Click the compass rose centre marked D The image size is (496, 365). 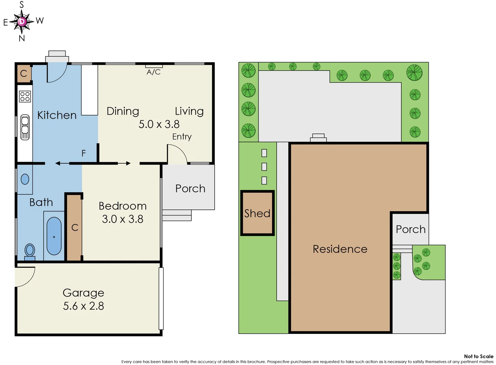pyautogui.click(x=22, y=22)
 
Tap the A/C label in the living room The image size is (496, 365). pyautogui.click(x=153, y=72)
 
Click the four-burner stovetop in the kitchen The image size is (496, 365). pyautogui.click(x=25, y=96)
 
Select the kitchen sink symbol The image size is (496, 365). pyautogui.click(x=25, y=127)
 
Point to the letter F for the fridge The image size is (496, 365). pyautogui.click(x=84, y=153)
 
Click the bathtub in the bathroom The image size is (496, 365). pyautogui.click(x=54, y=236)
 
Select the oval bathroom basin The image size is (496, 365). pyautogui.click(x=25, y=179)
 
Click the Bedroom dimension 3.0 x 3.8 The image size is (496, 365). pyautogui.click(x=122, y=219)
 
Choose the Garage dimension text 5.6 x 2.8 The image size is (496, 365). pyautogui.click(x=84, y=306)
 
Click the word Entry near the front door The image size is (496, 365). pyautogui.click(x=182, y=137)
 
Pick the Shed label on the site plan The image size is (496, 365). pyautogui.click(x=257, y=213)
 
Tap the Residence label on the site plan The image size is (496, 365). pyautogui.click(x=340, y=249)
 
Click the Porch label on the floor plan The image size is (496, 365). pyautogui.click(x=190, y=189)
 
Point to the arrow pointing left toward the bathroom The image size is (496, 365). pyautogui.click(x=58, y=163)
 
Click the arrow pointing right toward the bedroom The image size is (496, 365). pyautogui.click(x=128, y=163)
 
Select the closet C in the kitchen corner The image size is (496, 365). pyautogui.click(x=24, y=73)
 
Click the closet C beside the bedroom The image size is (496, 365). pyautogui.click(x=75, y=228)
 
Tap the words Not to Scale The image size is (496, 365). pyautogui.click(x=478, y=356)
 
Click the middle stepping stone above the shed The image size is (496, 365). pyautogui.click(x=264, y=167)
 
